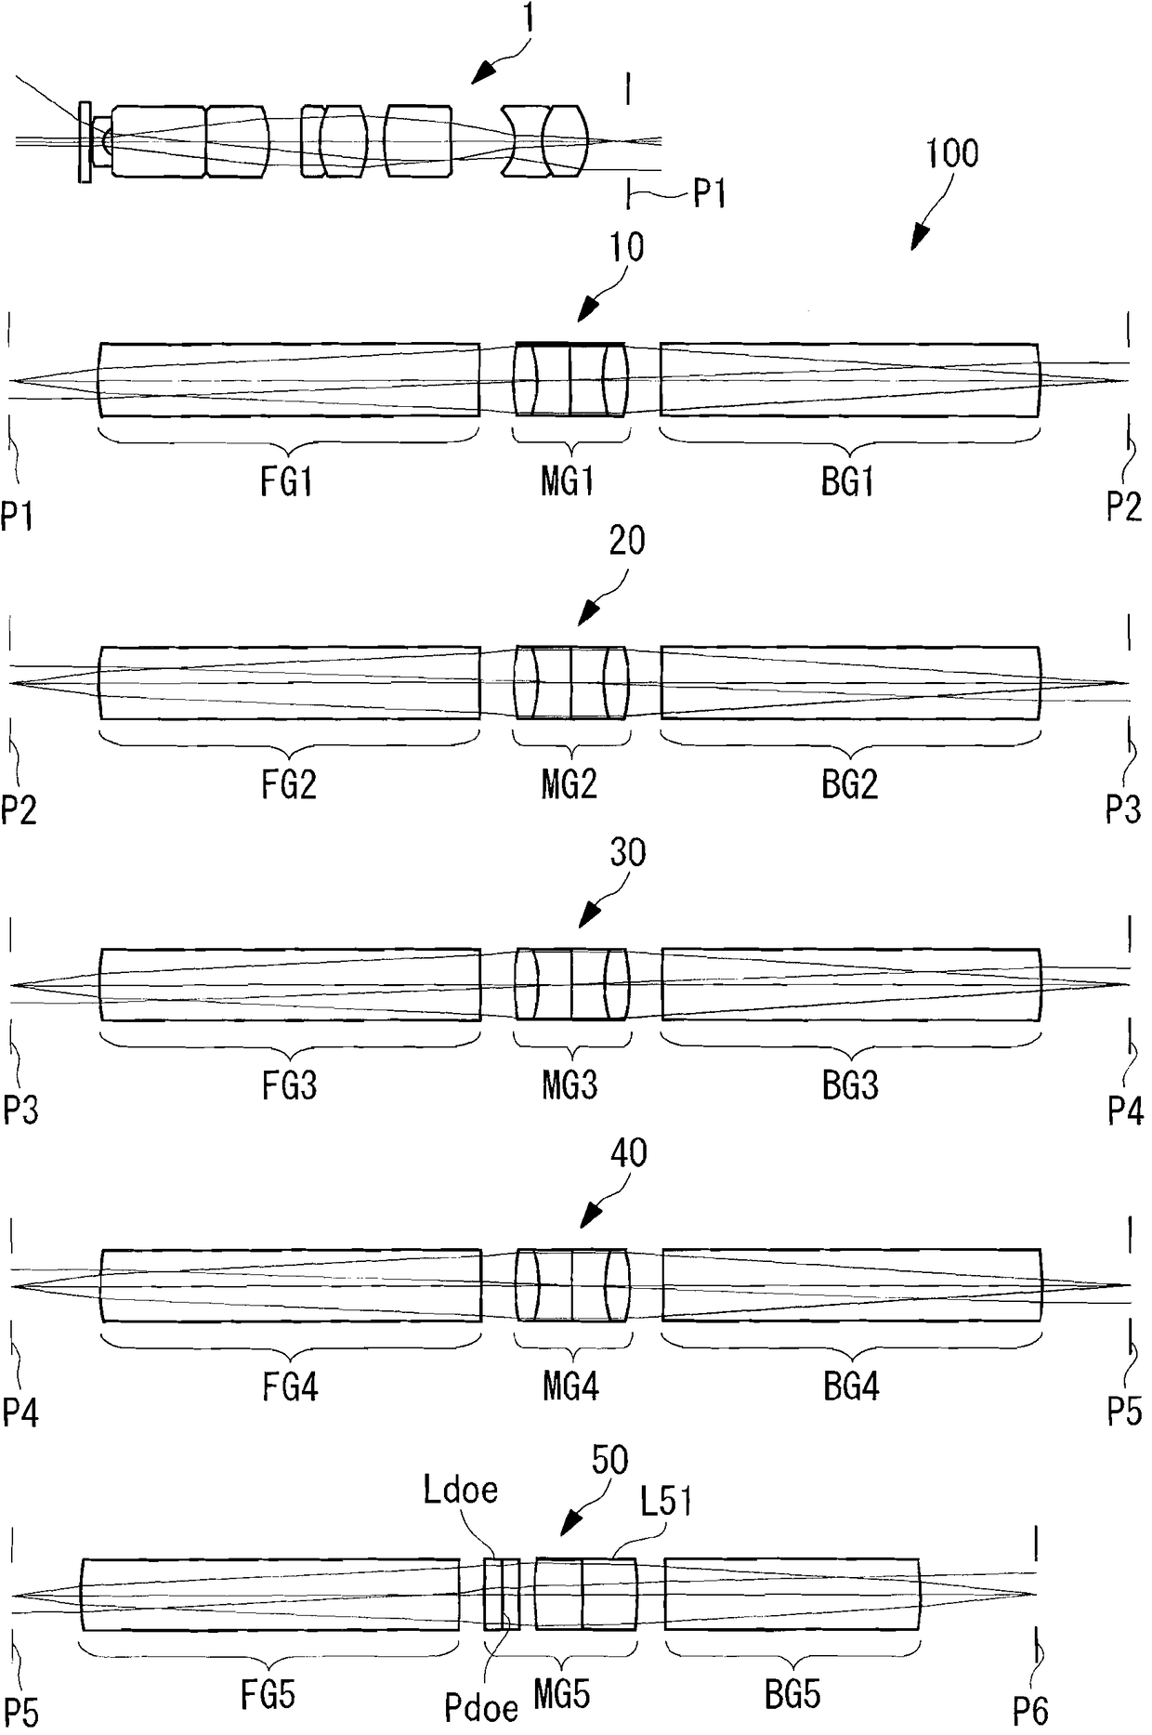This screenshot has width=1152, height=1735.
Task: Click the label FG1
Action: (286, 482)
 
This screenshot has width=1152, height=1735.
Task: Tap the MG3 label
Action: (569, 1084)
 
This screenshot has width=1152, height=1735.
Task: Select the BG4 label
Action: (851, 1387)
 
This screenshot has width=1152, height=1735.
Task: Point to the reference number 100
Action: (951, 153)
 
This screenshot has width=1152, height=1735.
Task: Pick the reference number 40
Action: (628, 1153)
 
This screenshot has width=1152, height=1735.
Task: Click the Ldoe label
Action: (460, 1490)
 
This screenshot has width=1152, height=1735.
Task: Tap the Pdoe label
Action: (480, 1709)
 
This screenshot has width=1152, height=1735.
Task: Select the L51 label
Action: (665, 1502)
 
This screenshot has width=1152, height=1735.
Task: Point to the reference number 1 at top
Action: (527, 20)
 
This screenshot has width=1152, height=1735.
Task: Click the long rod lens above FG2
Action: (289, 682)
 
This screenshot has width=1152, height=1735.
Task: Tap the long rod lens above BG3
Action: (850, 984)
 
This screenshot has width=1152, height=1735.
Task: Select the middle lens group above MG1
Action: (570, 380)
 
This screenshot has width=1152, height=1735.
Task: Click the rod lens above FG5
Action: (269, 1594)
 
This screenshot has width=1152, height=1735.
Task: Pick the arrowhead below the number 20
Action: (587, 614)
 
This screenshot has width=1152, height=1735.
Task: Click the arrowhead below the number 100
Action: (918, 239)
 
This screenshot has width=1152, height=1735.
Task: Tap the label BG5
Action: (792, 1695)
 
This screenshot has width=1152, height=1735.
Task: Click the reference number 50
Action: (609, 1461)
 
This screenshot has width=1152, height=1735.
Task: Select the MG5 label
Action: (561, 1695)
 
